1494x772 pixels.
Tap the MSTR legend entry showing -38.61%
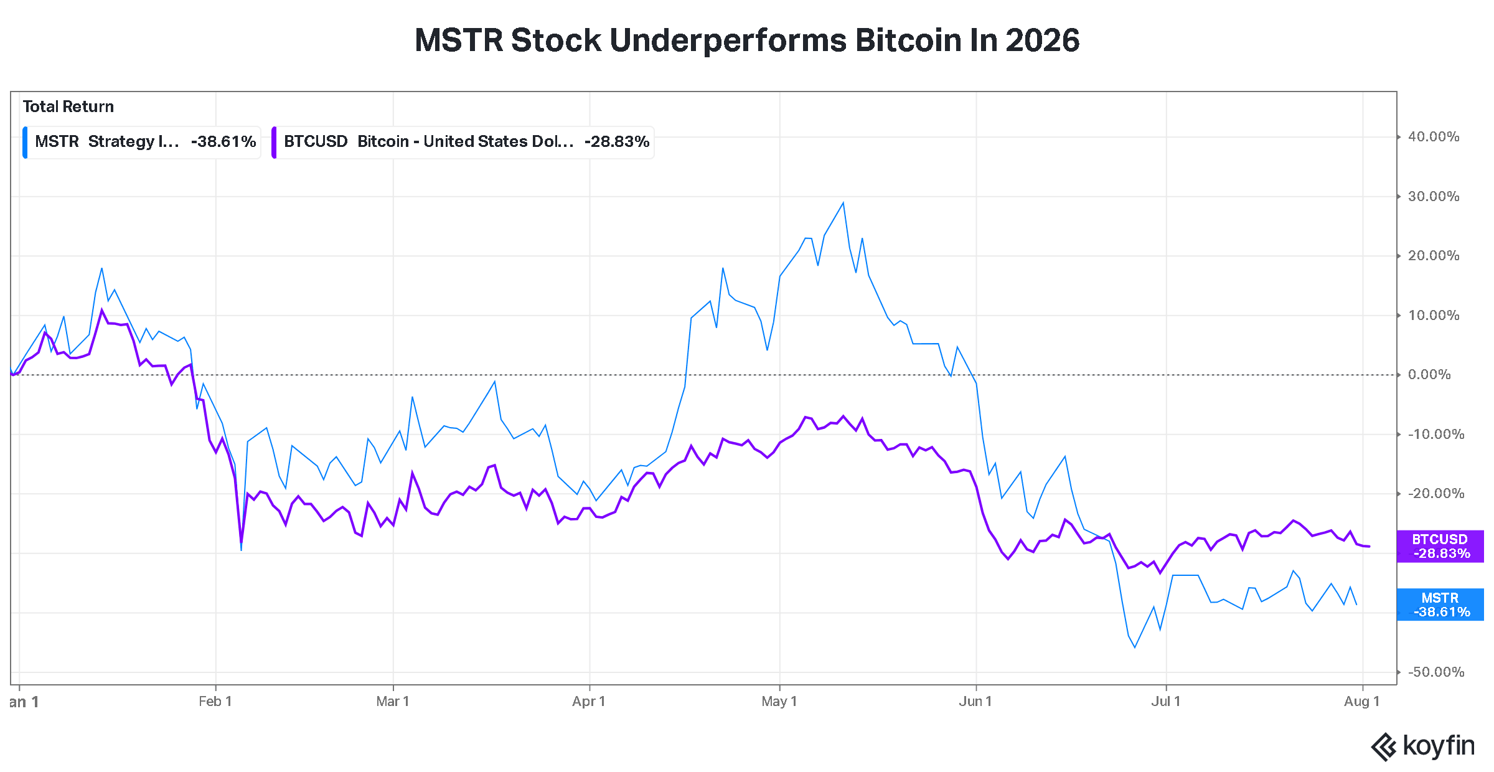(x=141, y=142)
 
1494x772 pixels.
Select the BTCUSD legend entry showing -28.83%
(x=463, y=142)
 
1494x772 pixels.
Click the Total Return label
(x=68, y=106)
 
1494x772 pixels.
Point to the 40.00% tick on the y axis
(x=1433, y=136)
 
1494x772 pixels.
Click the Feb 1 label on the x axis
(x=215, y=701)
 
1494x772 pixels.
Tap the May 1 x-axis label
(x=779, y=701)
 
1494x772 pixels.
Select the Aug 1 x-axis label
(x=1361, y=701)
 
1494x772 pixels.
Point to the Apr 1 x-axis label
(x=588, y=701)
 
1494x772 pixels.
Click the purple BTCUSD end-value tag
(x=1440, y=546)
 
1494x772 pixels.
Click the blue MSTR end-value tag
(x=1440, y=605)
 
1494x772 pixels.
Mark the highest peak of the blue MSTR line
(x=843, y=202)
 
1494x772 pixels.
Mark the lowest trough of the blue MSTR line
(x=1135, y=647)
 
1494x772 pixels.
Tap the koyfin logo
(x=1422, y=746)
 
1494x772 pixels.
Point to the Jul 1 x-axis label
(x=1165, y=701)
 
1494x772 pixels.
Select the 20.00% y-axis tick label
(x=1433, y=255)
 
